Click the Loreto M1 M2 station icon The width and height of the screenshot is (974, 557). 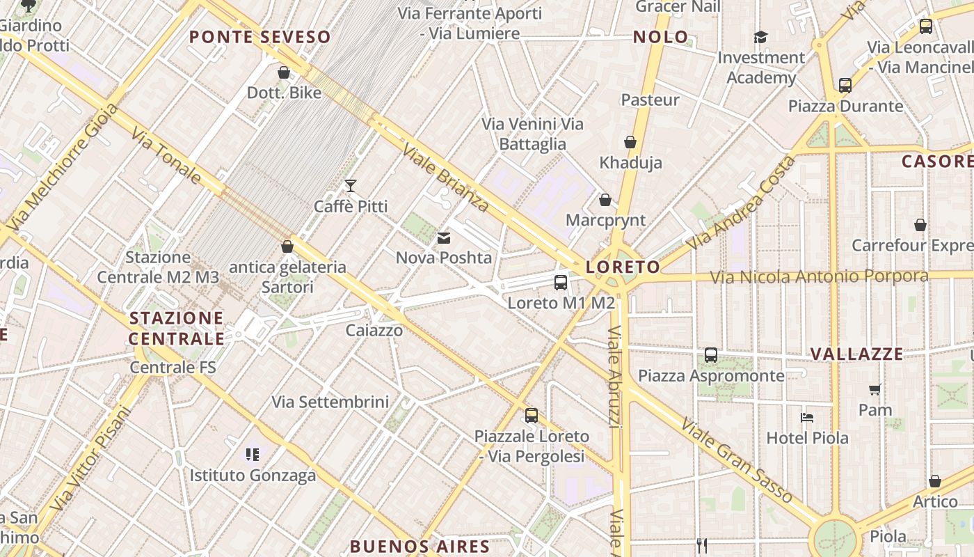[561, 283]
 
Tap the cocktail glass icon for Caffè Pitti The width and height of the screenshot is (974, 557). [351, 186]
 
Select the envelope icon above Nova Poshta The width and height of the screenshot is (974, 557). [443, 238]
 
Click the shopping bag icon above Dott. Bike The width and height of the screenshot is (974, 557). [284, 72]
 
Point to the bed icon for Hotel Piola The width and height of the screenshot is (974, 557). [807, 418]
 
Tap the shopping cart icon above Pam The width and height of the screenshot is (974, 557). [875, 390]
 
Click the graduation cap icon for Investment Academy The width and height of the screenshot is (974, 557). [760, 37]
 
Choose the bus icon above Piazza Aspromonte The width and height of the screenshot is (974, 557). [710, 355]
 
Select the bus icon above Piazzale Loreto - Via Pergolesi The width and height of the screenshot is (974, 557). [532, 416]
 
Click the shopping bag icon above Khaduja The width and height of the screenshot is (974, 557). [630, 142]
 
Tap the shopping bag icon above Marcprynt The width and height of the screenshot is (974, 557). [605, 200]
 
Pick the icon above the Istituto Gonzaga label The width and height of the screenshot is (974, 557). [253, 455]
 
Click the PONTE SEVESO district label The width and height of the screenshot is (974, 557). [260, 37]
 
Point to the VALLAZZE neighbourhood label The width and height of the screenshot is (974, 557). [856, 354]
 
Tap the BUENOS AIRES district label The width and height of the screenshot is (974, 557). [420, 546]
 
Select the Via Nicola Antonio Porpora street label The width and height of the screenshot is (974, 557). [819, 276]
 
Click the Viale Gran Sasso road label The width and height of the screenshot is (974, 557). [737, 460]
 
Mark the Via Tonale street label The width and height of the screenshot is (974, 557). [166, 157]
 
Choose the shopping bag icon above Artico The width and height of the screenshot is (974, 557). [935, 482]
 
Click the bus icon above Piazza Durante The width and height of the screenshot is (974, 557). [845, 86]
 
